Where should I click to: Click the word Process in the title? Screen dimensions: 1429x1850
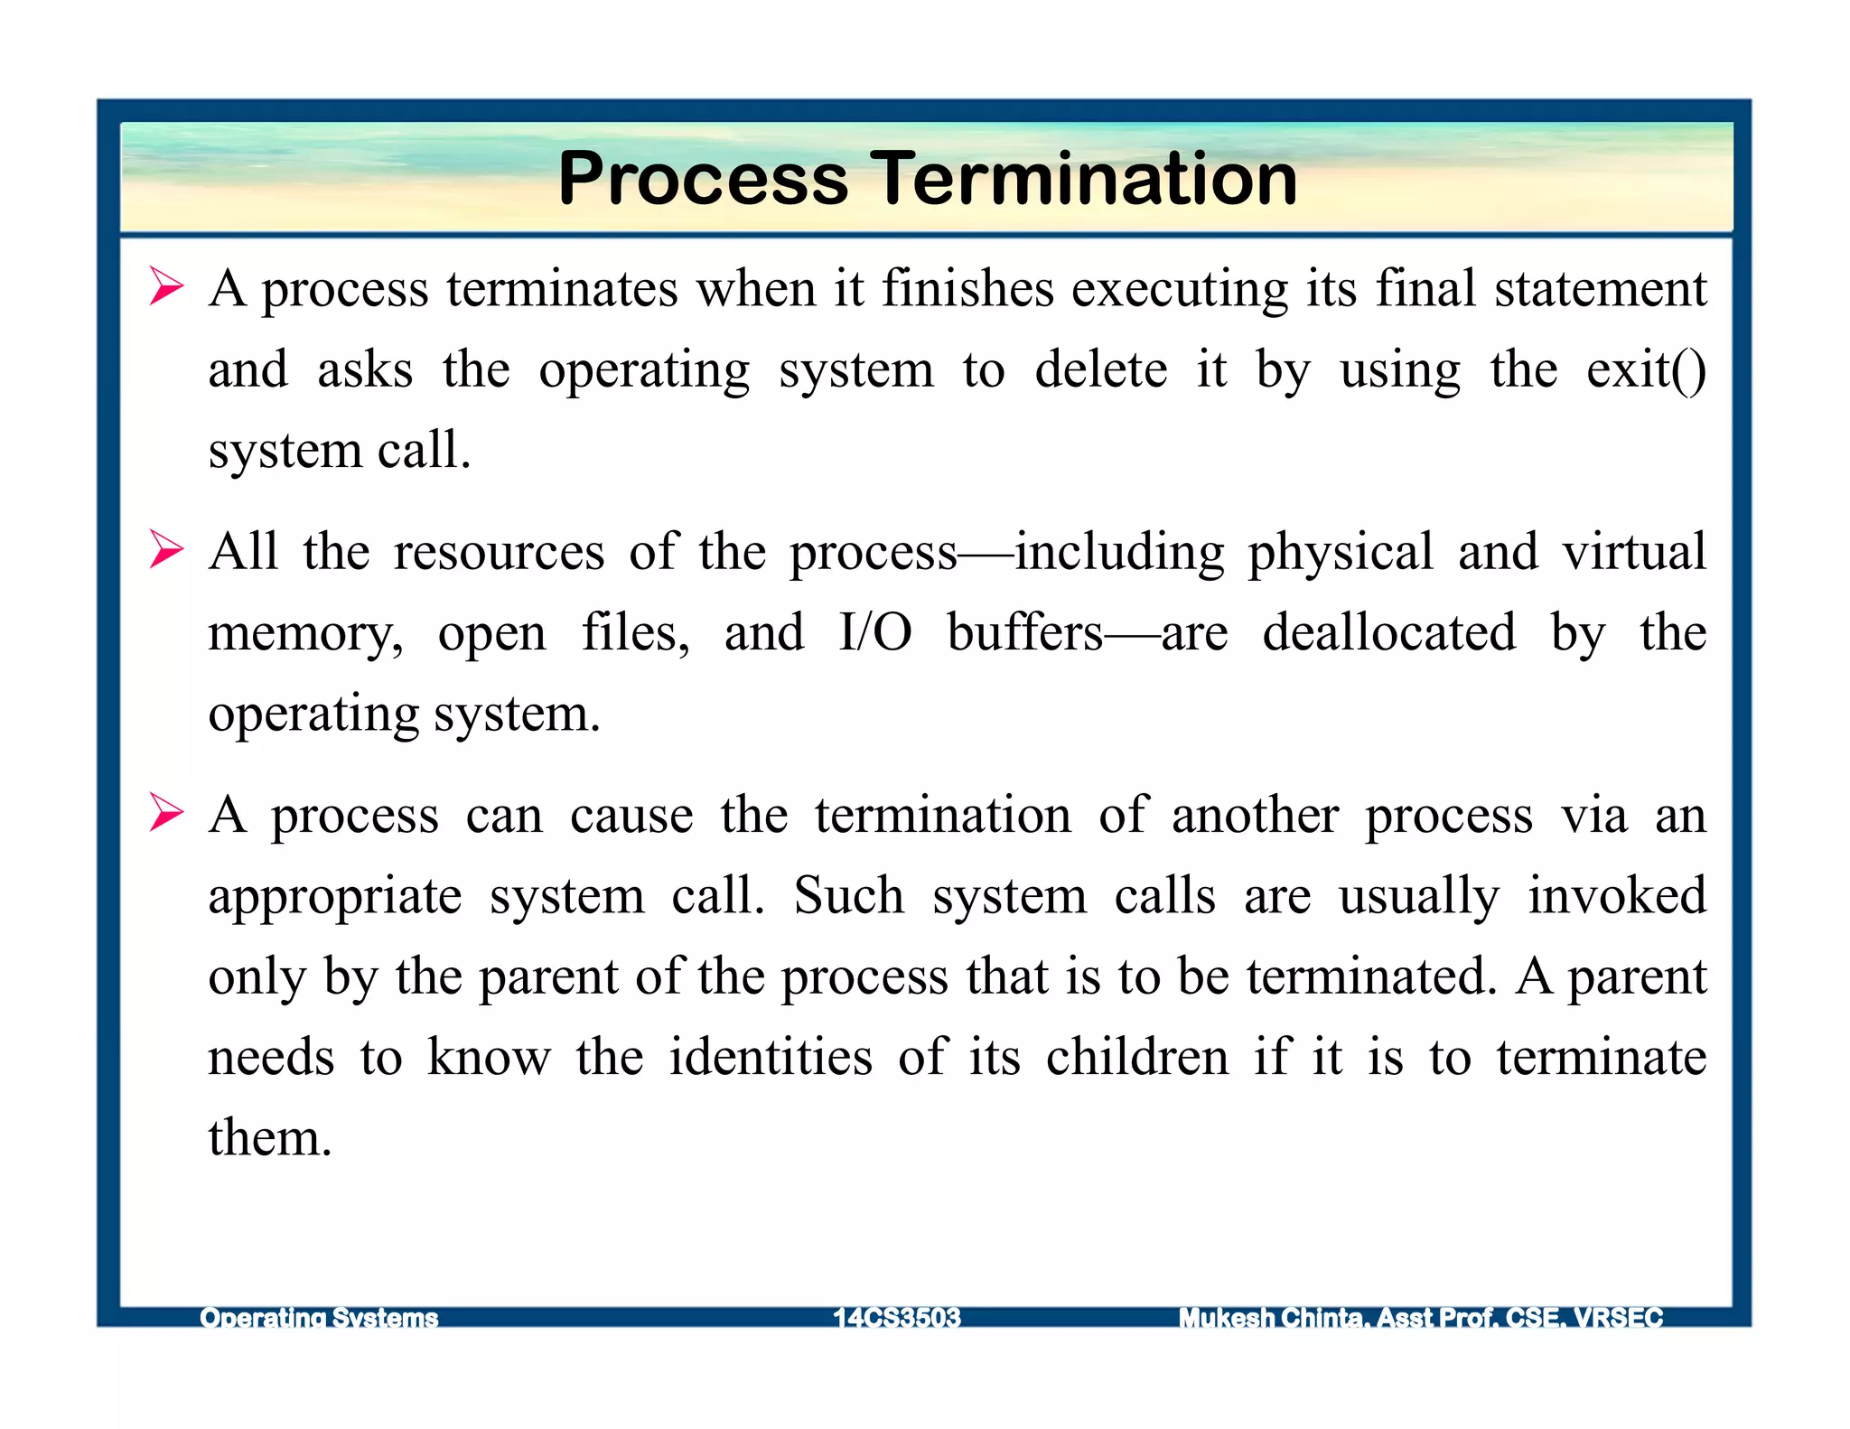pyautogui.click(x=703, y=179)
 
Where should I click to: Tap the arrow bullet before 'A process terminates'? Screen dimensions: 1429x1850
pyautogui.click(x=166, y=287)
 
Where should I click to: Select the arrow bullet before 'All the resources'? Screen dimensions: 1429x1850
pyautogui.click(x=166, y=550)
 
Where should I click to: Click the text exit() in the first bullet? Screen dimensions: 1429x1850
pyautogui.click(x=1646, y=370)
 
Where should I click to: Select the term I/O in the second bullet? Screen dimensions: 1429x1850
pyautogui.click(x=874, y=632)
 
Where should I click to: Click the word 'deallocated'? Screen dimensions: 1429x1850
pyautogui.click(x=1388, y=632)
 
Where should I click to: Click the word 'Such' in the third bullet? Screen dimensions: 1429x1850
pyautogui.click(x=848, y=896)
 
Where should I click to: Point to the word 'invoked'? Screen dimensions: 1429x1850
pyautogui.click(x=1616, y=896)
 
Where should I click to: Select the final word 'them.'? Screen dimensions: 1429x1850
pyautogui.click(x=270, y=1137)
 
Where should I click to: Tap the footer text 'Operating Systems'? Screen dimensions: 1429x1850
pyautogui.click(x=319, y=1318)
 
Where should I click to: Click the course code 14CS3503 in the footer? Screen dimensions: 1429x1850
pyautogui.click(x=897, y=1318)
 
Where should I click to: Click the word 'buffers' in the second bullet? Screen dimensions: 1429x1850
pyautogui.click(x=1025, y=632)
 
